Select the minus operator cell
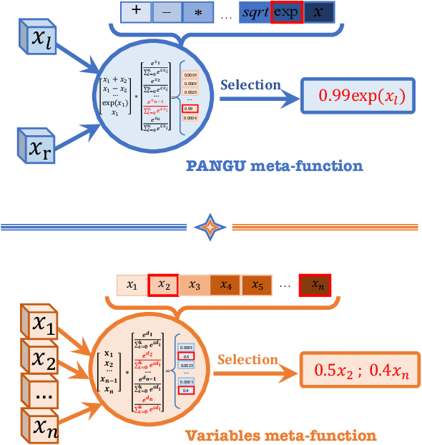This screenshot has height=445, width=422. [x=166, y=12]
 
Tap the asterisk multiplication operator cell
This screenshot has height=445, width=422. [x=197, y=12]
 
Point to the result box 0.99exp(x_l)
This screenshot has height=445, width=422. [x=358, y=96]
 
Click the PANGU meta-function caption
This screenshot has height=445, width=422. [x=274, y=166]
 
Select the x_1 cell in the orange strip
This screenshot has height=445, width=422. [x=132, y=286]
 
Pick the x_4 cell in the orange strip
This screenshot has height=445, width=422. [x=225, y=286]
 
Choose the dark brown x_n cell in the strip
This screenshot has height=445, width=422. [x=315, y=286]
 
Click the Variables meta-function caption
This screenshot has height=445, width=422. [x=280, y=434]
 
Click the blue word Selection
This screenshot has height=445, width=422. [x=250, y=85]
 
